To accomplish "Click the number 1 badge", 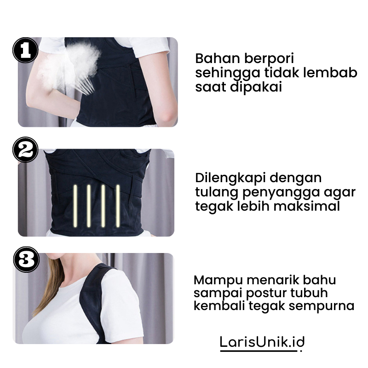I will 25,50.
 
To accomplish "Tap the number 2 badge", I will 25,149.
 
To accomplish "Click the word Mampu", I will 215,280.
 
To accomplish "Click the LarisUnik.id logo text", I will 262,341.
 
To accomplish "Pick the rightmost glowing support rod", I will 118,206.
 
